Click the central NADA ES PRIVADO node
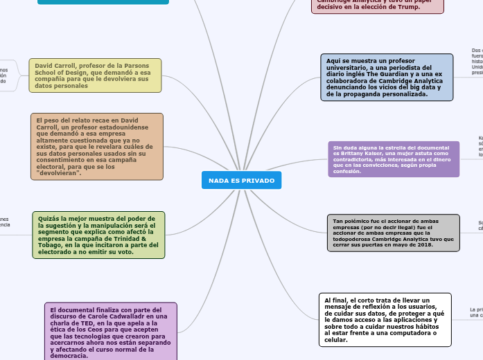point(241,180)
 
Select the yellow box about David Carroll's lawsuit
point(95,75)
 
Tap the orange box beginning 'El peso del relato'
point(97,147)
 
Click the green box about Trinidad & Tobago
point(98,235)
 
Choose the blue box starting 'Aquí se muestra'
point(387,78)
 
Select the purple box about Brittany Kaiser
point(393,159)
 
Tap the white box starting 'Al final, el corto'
point(385,320)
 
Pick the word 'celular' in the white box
point(335,340)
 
